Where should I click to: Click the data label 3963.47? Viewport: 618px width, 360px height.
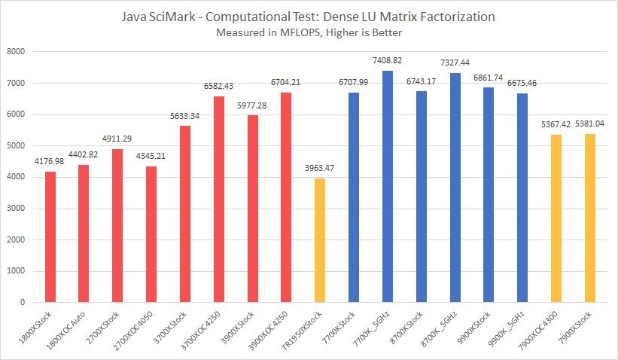320,171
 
